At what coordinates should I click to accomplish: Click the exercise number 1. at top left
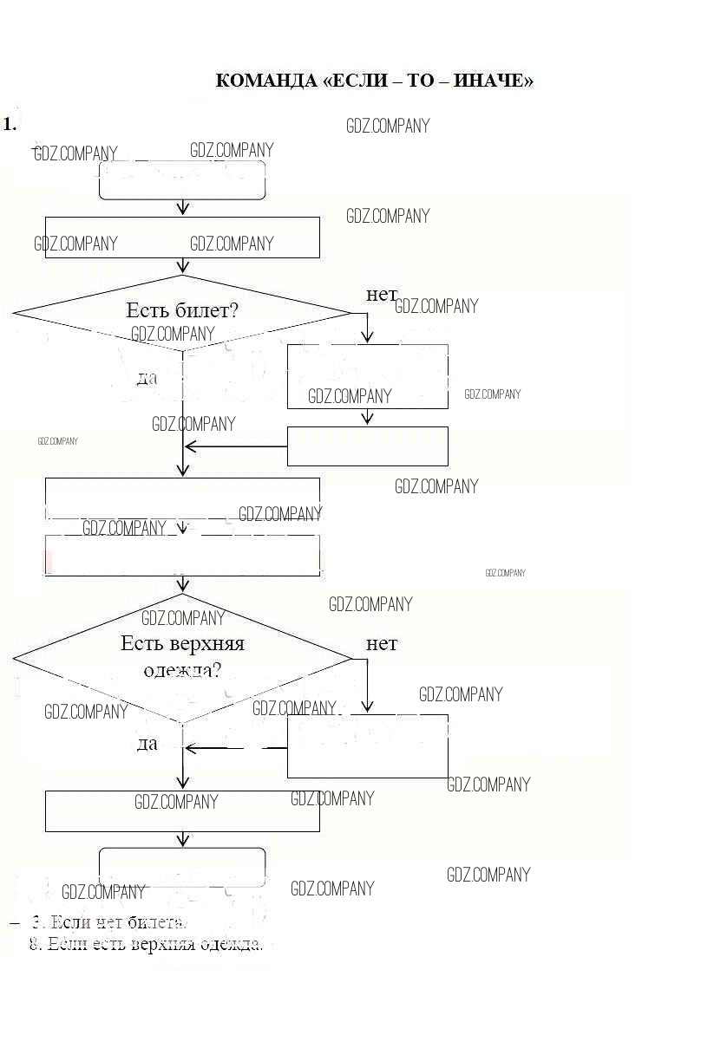10,124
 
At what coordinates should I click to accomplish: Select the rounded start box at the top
182,180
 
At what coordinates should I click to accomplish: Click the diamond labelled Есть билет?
182,313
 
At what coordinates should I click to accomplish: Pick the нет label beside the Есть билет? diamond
381,295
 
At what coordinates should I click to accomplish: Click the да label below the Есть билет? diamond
147,377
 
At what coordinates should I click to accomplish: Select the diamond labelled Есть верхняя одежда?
182,658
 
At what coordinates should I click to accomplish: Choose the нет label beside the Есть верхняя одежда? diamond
381,644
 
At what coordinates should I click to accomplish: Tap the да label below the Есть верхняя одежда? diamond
147,744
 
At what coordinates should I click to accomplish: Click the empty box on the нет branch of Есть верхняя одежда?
368,745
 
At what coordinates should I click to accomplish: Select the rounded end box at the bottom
182,867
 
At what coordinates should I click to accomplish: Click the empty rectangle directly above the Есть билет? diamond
182,237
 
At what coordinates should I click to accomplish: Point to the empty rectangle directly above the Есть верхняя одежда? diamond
182,556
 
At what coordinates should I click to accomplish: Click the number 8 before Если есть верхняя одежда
35,944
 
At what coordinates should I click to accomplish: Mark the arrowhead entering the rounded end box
182,841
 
